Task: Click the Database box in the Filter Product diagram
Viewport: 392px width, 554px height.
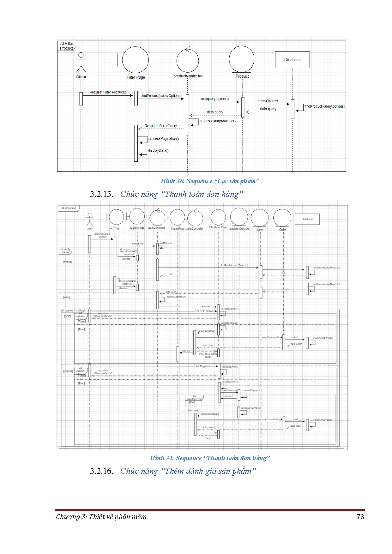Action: click(292, 60)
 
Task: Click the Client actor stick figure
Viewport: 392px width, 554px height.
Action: click(81, 62)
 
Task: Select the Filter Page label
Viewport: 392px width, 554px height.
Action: click(136, 77)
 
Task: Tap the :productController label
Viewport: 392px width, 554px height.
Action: click(187, 76)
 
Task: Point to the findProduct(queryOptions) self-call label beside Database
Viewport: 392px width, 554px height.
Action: click(324, 107)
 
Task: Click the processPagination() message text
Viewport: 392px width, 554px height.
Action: click(164, 139)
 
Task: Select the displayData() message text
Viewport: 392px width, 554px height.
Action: click(158, 151)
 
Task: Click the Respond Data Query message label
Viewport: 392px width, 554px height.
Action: click(160, 126)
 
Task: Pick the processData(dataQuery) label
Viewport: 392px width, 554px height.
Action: click(218, 121)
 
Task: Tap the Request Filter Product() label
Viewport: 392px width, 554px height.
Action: click(108, 92)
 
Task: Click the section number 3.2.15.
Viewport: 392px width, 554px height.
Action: click(101, 194)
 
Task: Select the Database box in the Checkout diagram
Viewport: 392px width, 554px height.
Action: click(307, 219)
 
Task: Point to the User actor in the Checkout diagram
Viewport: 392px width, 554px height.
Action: click(90, 220)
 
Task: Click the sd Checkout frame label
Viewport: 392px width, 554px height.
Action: click(69, 208)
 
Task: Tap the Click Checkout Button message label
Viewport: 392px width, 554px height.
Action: click(102, 235)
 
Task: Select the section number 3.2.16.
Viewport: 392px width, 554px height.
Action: click(101, 471)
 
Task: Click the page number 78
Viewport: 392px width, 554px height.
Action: click(360, 516)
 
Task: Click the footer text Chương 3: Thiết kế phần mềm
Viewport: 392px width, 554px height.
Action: click(101, 516)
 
